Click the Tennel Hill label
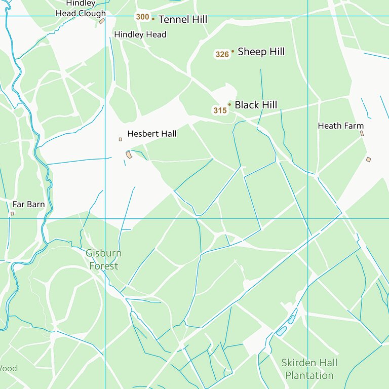(x=183, y=20)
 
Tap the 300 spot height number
(x=142, y=17)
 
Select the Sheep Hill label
(x=261, y=52)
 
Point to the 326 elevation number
(x=222, y=54)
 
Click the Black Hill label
(x=256, y=105)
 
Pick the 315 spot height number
(x=219, y=110)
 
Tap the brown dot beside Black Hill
(x=229, y=104)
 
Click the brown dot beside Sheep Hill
(x=232, y=51)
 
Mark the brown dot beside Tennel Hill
(x=153, y=19)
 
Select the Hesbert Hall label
(x=151, y=134)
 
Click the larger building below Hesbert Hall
(x=129, y=154)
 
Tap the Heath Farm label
(x=340, y=126)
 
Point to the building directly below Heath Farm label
(x=362, y=133)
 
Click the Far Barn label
(x=28, y=205)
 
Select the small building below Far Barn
(x=12, y=213)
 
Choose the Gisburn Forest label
(x=103, y=259)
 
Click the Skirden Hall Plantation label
(x=309, y=369)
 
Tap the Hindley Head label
(x=140, y=34)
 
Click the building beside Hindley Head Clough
(x=102, y=21)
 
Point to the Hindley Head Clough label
(x=81, y=9)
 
